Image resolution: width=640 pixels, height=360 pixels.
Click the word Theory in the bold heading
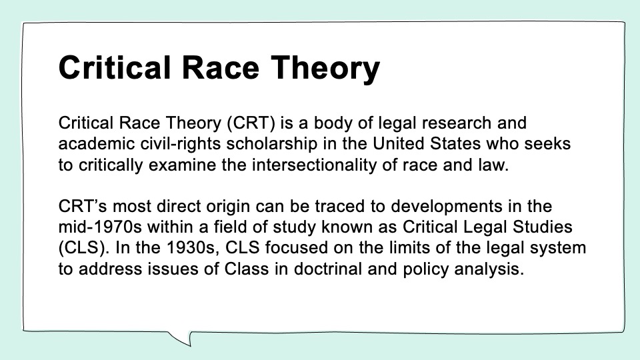tap(325, 69)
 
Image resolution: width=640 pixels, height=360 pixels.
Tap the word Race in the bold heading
tap(221, 68)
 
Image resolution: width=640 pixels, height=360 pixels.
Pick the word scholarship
tap(272, 145)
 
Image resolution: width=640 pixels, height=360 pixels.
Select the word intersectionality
tap(314, 165)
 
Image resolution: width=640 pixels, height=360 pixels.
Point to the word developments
tap(447, 207)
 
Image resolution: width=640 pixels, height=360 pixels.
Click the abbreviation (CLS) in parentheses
tap(84, 248)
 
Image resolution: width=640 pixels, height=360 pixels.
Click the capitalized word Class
tap(247, 269)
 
